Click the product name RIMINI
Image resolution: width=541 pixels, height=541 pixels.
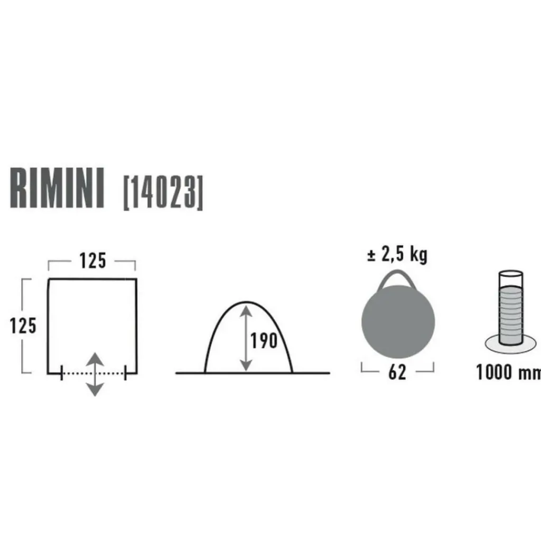(57, 188)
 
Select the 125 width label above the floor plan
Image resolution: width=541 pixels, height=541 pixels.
(92, 261)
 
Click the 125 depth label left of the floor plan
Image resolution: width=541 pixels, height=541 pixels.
(23, 326)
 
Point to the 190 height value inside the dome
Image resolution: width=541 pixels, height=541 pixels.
(264, 341)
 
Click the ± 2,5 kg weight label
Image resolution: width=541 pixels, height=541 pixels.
(397, 255)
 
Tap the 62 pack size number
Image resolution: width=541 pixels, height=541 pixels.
(397, 372)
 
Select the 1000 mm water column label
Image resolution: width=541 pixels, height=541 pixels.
(508, 372)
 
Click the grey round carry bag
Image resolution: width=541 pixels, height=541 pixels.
(398, 322)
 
